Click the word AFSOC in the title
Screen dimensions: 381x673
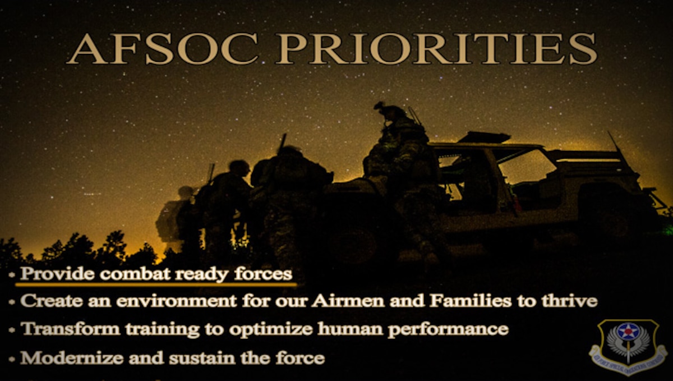tap(163, 49)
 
